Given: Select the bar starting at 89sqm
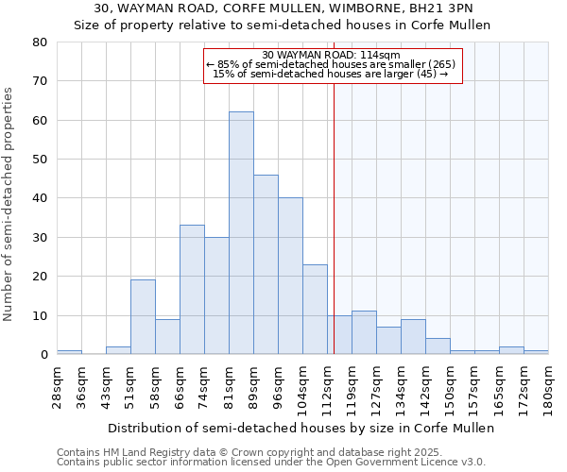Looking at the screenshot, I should pos(266,264).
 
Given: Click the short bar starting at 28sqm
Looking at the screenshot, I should pos(69,352).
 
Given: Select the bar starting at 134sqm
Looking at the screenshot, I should pos(413,337).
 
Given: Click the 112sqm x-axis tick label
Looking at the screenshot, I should pos(327,386).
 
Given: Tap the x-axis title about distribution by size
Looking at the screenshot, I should pos(301,428).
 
